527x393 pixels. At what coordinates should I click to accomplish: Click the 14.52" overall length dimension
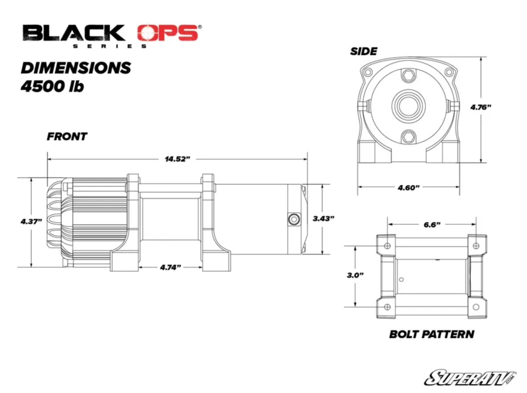[177, 159]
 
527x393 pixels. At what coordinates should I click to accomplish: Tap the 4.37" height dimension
[31, 221]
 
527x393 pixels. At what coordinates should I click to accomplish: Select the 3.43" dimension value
[323, 218]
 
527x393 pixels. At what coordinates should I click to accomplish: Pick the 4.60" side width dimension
[409, 187]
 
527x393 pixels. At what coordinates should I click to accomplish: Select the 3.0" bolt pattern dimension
[355, 275]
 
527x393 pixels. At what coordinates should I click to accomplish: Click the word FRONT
[67, 136]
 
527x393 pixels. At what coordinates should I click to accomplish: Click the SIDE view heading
[363, 51]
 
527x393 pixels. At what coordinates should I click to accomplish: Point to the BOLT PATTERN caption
[431, 334]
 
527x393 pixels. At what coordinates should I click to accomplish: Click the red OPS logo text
[167, 33]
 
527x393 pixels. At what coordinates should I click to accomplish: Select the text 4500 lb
[52, 87]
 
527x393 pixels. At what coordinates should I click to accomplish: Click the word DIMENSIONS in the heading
[76, 68]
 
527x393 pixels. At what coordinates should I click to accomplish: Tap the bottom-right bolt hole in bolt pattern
[475, 307]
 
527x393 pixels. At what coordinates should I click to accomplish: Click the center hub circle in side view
[408, 107]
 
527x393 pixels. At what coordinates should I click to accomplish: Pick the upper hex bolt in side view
[408, 76]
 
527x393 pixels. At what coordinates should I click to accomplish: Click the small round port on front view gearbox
[293, 218]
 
